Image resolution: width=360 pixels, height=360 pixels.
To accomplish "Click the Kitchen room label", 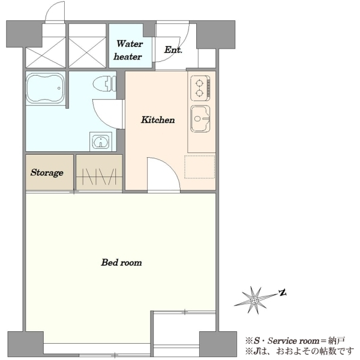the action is point(158,120).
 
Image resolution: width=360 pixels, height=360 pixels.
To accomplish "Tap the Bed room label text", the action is point(121,262).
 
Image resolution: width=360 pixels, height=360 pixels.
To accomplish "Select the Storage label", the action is point(47,173).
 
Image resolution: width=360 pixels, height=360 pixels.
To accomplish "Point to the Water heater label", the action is point(128,50).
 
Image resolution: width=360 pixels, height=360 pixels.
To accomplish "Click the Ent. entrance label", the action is point(173,50).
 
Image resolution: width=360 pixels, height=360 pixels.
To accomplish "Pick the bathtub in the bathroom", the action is point(46,88).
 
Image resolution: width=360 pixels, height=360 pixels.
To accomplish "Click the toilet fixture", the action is point(104,84).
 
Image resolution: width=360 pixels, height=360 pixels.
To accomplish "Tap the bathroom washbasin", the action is point(101,141).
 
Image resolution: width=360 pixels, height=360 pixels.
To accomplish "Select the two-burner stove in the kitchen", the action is point(200,88).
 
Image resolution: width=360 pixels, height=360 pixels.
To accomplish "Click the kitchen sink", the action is point(200,119).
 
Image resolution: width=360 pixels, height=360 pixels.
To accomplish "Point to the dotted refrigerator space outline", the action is point(200,167).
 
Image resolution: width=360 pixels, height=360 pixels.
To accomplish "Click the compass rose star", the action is point(254,300).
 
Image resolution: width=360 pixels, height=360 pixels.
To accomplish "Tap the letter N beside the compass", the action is point(283,293).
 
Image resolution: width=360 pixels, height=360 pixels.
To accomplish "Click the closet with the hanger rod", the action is point(99,172).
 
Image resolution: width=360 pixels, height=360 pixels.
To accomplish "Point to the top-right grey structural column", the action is point(215,34).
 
